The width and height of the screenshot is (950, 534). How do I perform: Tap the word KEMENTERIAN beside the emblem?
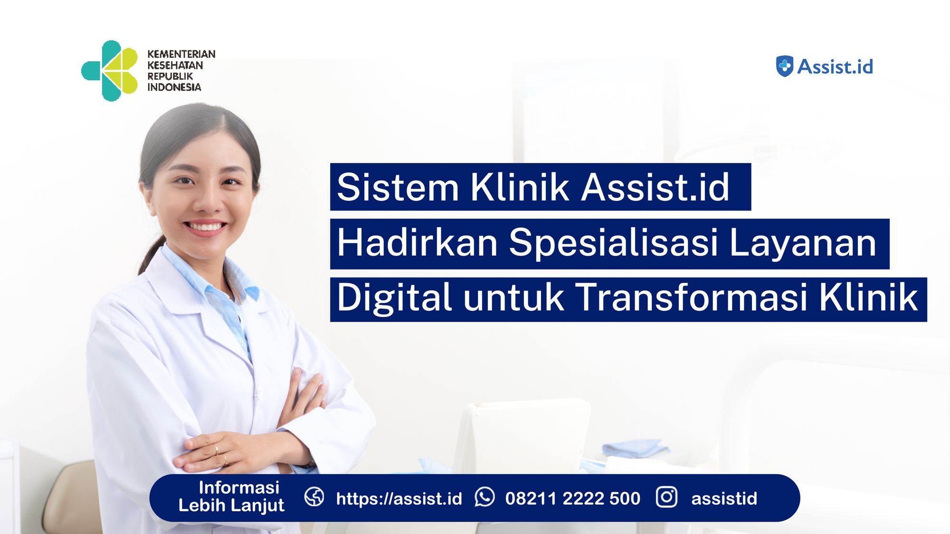tap(181, 54)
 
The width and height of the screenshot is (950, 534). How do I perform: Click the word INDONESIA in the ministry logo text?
tap(174, 87)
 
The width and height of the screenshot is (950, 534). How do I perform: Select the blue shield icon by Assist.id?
tap(784, 66)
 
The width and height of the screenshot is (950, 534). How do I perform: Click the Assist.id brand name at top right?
tap(835, 67)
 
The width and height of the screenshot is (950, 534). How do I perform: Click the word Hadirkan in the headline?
tap(418, 243)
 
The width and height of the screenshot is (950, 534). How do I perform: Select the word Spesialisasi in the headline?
tap(613, 243)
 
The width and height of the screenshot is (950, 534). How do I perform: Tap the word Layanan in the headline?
tap(802, 243)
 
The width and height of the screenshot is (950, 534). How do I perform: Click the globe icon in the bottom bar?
tap(314, 497)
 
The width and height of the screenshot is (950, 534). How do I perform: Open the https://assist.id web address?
tap(399, 498)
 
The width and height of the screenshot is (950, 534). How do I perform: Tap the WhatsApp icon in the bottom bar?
tap(484, 497)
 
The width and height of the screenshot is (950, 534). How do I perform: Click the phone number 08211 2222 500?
tap(573, 498)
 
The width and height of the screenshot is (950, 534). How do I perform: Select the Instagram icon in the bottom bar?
tap(666, 497)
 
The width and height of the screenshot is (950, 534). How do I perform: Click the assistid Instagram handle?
tap(724, 498)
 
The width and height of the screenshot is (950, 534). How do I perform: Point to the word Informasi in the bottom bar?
tap(239, 487)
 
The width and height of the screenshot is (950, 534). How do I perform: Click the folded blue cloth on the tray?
tap(634, 448)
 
